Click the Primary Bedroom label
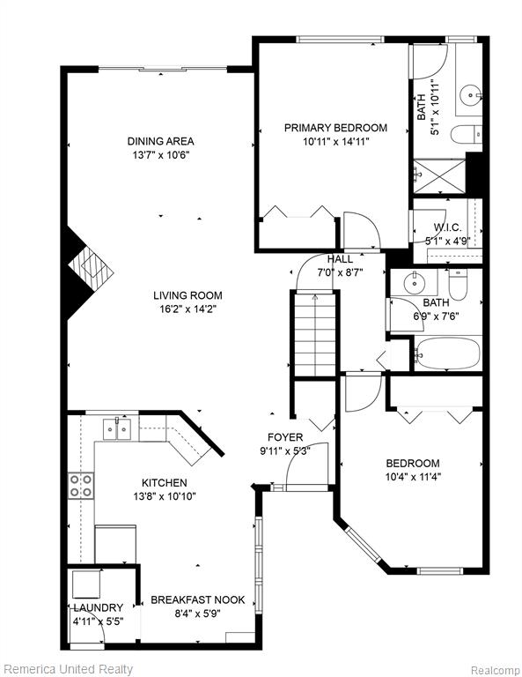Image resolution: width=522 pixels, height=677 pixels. pyautogui.click(x=335, y=128)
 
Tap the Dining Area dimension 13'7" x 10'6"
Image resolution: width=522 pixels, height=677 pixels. pyautogui.click(x=161, y=155)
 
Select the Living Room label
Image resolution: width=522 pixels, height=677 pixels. pyautogui.click(x=187, y=296)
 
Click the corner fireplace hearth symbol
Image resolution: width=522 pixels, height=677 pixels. pyautogui.click(x=91, y=268)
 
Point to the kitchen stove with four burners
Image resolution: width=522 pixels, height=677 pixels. pyautogui.click(x=81, y=486)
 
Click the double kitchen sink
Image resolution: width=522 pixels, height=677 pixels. pyautogui.click(x=117, y=429)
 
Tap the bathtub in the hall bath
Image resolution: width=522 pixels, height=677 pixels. pyautogui.click(x=448, y=353)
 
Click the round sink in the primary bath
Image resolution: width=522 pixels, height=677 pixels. pyautogui.click(x=470, y=93)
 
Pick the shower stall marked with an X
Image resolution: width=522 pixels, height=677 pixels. pyautogui.click(x=439, y=176)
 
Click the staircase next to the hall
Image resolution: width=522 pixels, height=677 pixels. pyautogui.click(x=315, y=335)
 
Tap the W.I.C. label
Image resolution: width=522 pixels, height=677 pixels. pyautogui.click(x=447, y=227)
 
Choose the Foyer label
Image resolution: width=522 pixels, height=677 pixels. pyautogui.click(x=285, y=437)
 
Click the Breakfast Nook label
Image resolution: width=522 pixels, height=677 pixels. pyautogui.click(x=198, y=599)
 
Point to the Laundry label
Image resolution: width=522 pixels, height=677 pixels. pyautogui.click(x=99, y=608)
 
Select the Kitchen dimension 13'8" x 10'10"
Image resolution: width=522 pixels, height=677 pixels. pyautogui.click(x=165, y=496)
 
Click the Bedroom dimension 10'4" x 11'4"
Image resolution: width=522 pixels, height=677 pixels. pyautogui.click(x=413, y=477)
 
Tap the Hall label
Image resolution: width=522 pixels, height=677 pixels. pyautogui.click(x=340, y=259)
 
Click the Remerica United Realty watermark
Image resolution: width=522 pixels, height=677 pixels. pyautogui.click(x=67, y=669)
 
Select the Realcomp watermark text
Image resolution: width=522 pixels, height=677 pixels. pyautogui.click(x=495, y=670)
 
